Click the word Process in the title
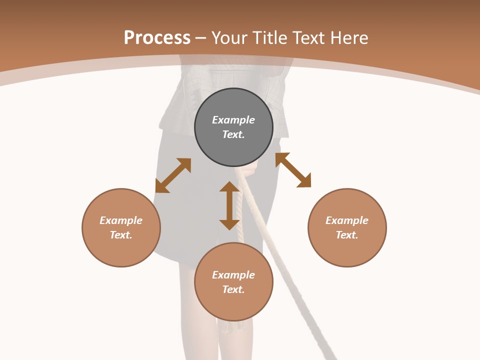point(157,38)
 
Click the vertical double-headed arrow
point(229,205)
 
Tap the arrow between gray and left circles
point(173,175)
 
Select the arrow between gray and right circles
point(293,170)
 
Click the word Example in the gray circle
point(233,120)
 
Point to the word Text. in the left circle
point(121,235)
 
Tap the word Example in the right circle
point(347,220)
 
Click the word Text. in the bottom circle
point(233,289)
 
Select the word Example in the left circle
point(121,220)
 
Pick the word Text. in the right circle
point(347,235)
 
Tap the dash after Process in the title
point(201,38)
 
